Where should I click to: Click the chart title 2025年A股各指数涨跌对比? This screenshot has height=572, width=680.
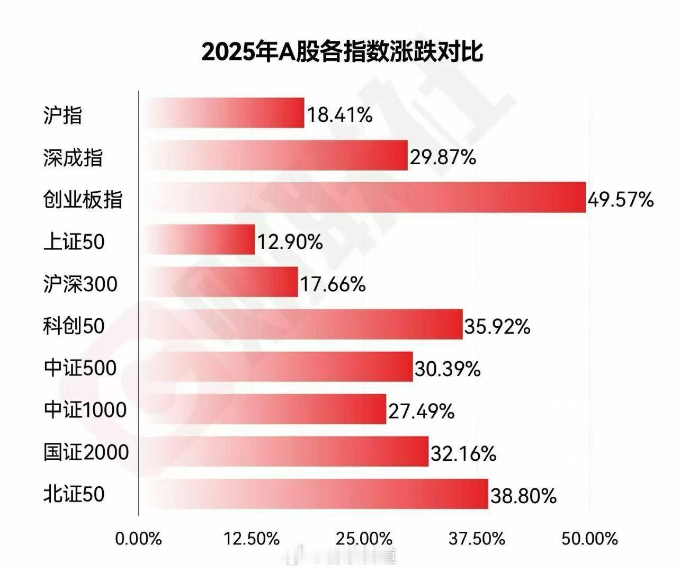pyautogui.click(x=342, y=53)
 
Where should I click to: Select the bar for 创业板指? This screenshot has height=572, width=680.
pyautogui.click(x=362, y=198)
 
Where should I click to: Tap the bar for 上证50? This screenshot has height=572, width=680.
pyautogui.click(x=197, y=239)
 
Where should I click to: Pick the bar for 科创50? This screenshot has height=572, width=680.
pyautogui.click(x=301, y=324)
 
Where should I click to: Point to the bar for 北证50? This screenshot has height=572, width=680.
pyautogui.click(x=314, y=494)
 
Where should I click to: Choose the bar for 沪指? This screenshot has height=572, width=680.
pyautogui.click(x=221, y=113)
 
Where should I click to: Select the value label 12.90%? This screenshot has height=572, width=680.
pyautogui.click(x=290, y=242)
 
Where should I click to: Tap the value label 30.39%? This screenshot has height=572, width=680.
pyautogui.click(x=448, y=369)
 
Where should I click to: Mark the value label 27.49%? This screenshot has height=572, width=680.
pyautogui.click(x=421, y=411)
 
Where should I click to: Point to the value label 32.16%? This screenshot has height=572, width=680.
pyautogui.click(x=463, y=453)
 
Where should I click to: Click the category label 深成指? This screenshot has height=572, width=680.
pyautogui.click(x=73, y=157)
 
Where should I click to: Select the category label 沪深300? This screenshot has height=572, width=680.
pyautogui.click(x=80, y=284)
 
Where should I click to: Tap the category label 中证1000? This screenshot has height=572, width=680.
pyautogui.click(x=85, y=410)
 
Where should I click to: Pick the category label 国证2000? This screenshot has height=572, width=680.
pyautogui.click(x=86, y=452)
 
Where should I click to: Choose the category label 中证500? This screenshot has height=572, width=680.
pyautogui.click(x=80, y=368)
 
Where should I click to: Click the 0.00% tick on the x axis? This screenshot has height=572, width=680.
pyautogui.click(x=138, y=539)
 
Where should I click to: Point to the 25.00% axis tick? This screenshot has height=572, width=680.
pyautogui.click(x=364, y=539)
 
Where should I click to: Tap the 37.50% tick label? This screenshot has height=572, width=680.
pyautogui.click(x=477, y=539)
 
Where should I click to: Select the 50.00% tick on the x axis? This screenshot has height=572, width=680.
pyautogui.click(x=589, y=539)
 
